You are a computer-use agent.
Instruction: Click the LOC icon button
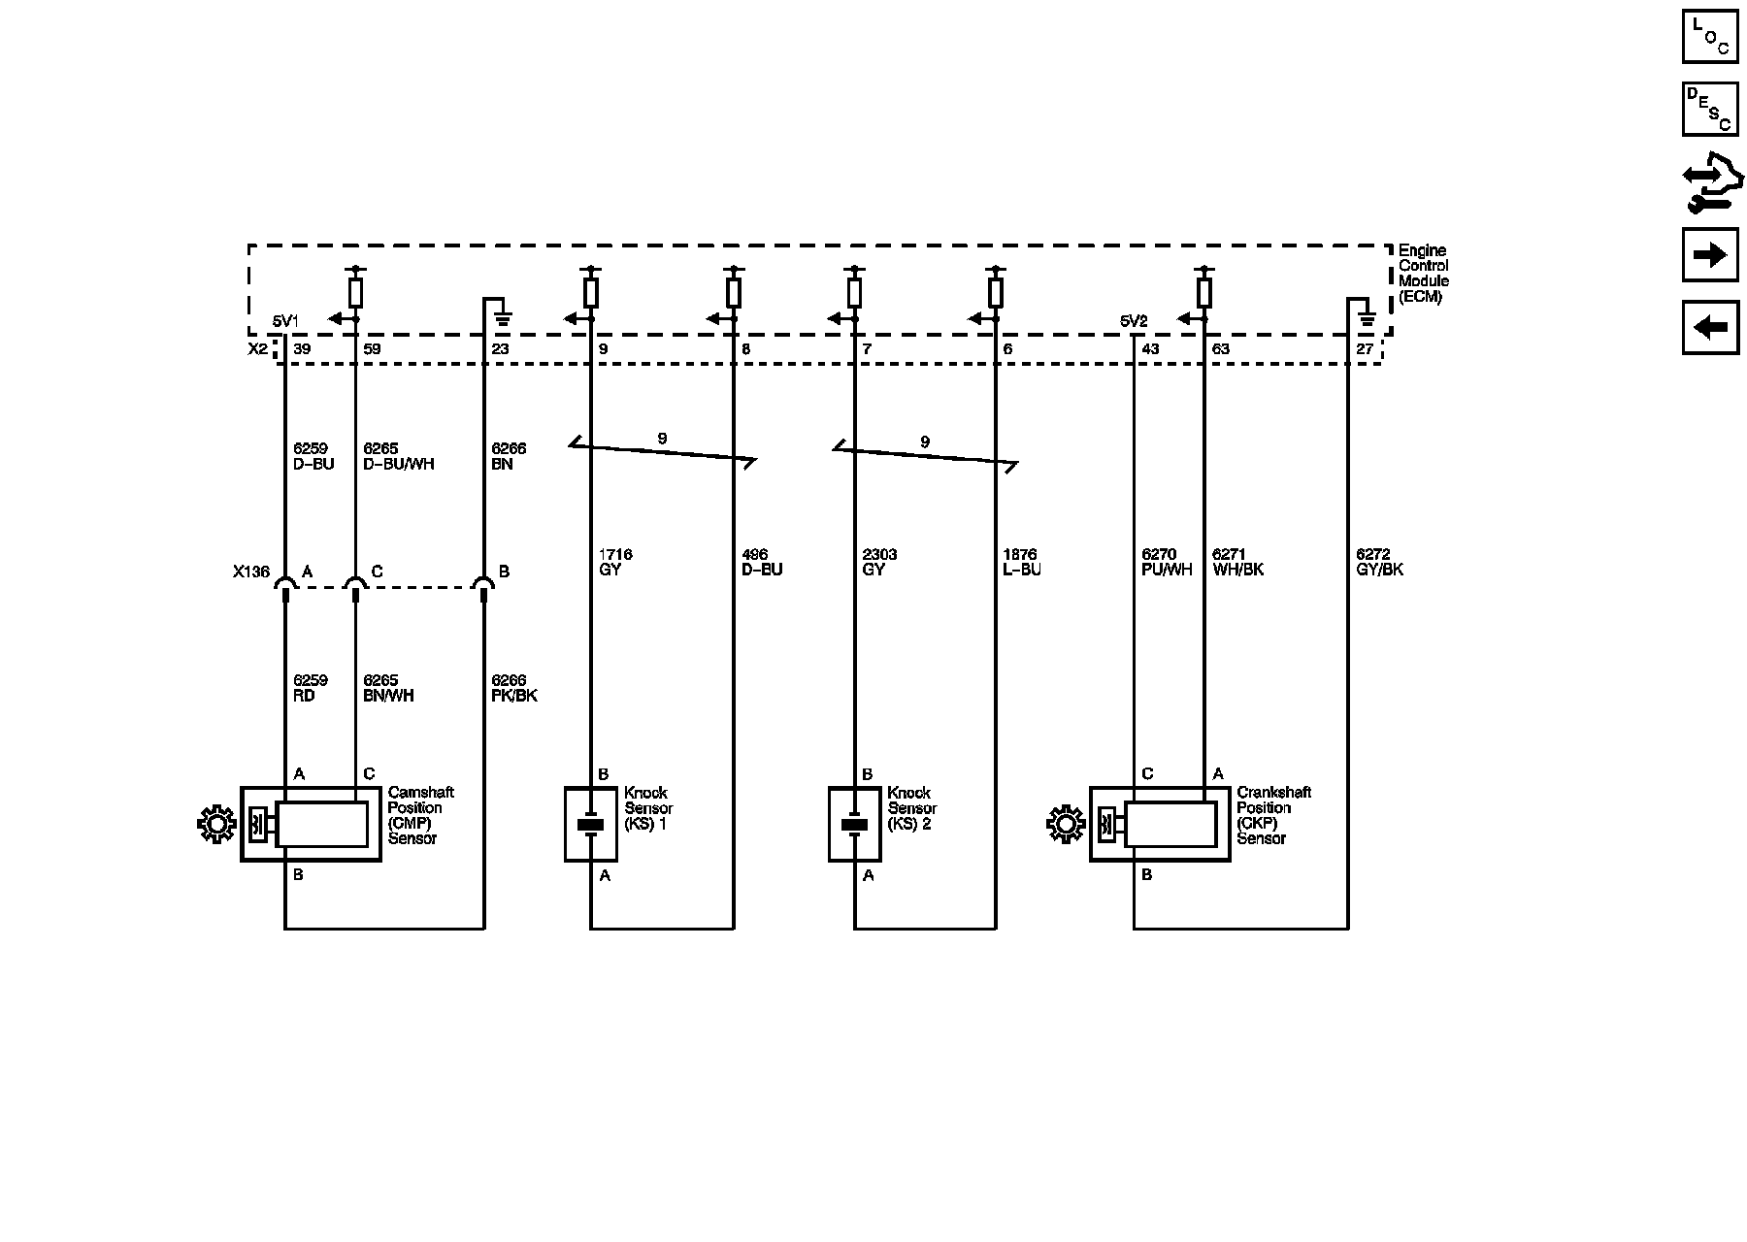(x=1709, y=37)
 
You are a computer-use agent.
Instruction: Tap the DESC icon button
(x=1709, y=109)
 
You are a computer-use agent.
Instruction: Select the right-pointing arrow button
(x=1709, y=255)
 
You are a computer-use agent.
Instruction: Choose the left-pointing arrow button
(x=1709, y=327)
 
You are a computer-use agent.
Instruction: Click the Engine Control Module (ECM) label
(x=1423, y=274)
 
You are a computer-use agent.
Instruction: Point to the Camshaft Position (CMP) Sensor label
(x=420, y=815)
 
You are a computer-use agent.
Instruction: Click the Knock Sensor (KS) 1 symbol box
(x=591, y=824)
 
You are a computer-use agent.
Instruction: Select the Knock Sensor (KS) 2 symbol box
(x=854, y=824)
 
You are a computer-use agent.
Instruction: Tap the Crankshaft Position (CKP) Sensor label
(x=1273, y=815)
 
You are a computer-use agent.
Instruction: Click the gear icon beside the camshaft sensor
(x=215, y=824)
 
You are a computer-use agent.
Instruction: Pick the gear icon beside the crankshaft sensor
(x=1065, y=824)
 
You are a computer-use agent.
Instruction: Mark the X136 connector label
(x=250, y=572)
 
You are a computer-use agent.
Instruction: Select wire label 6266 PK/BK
(x=513, y=688)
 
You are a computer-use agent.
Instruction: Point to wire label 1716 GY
(x=615, y=562)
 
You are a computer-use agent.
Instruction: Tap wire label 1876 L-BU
(x=1021, y=562)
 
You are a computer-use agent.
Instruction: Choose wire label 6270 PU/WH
(x=1167, y=562)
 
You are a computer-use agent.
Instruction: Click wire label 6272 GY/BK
(x=1379, y=562)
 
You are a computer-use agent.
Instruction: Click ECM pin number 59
(x=372, y=349)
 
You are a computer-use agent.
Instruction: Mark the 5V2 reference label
(x=1134, y=321)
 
